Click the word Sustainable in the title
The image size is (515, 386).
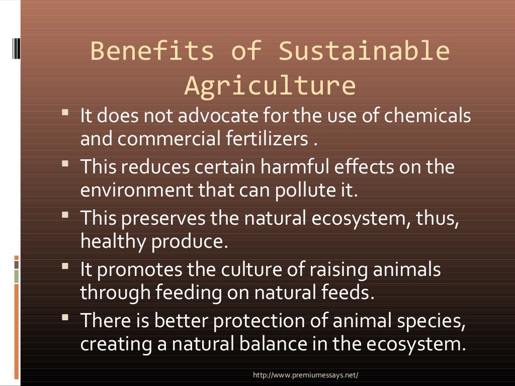364,51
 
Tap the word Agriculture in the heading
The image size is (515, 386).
271,85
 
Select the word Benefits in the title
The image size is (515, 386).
152,51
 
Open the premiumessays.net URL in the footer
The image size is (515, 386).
306,375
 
